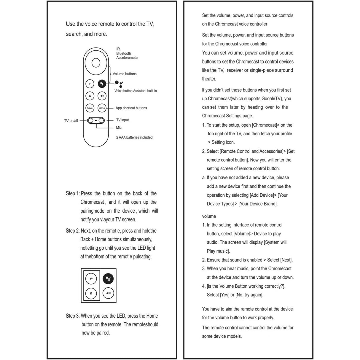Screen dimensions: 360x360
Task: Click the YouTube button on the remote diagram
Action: pyautogui.click(x=90, y=108)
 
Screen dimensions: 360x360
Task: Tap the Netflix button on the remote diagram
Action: pyautogui.click(x=102, y=108)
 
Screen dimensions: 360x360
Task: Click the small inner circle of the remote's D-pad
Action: pyautogui.click(x=96, y=63)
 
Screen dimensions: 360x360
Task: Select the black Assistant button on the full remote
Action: pyautogui.click(x=102, y=84)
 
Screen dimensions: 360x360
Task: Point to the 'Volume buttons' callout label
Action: pyautogui.click(x=125, y=74)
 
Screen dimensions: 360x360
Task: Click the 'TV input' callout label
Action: pyautogui.click(x=122, y=120)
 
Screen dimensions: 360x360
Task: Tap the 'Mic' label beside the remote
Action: pyautogui.click(x=119, y=128)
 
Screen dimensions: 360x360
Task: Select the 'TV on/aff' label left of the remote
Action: pyautogui.click(x=71, y=121)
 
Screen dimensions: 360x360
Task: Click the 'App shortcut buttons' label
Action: pyautogui.click(x=131, y=108)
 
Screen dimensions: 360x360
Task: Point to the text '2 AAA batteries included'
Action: pyautogui.click(x=134, y=138)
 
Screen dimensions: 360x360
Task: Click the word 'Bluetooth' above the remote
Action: pyautogui.click(x=124, y=53)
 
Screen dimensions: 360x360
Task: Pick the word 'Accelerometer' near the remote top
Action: pyautogui.click(x=128, y=58)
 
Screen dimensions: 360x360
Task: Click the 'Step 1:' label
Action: pyautogui.click(x=73, y=194)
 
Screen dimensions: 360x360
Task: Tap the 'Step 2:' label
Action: pyautogui.click(x=73, y=231)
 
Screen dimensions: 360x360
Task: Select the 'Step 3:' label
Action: pyautogui.click(x=73, y=316)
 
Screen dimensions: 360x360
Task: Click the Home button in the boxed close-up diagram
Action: pyautogui.click(x=91, y=293)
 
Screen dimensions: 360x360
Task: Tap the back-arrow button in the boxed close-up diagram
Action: pyautogui.click(x=91, y=279)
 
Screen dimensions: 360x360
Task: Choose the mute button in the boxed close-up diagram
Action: pyautogui.click(x=108, y=293)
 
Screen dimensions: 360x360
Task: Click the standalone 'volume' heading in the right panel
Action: pyautogui.click(x=209, y=216)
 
